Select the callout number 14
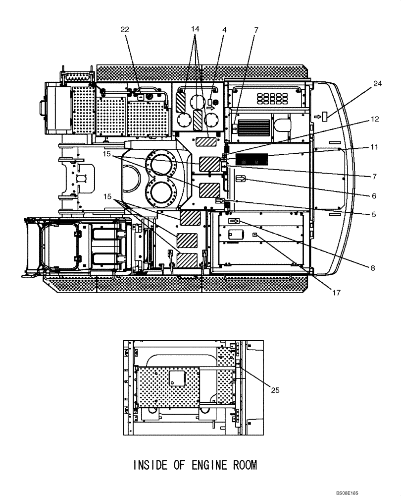point(196,30)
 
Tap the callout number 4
point(224,30)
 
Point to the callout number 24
point(378,84)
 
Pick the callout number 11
point(375,147)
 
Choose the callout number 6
point(375,195)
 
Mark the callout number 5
point(375,214)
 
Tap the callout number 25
point(276,390)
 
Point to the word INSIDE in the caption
point(150,465)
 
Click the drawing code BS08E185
point(350,493)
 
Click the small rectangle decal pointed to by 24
point(325,117)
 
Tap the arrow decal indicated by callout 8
point(234,221)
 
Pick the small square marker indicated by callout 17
point(255,235)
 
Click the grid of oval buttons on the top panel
point(272,98)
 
